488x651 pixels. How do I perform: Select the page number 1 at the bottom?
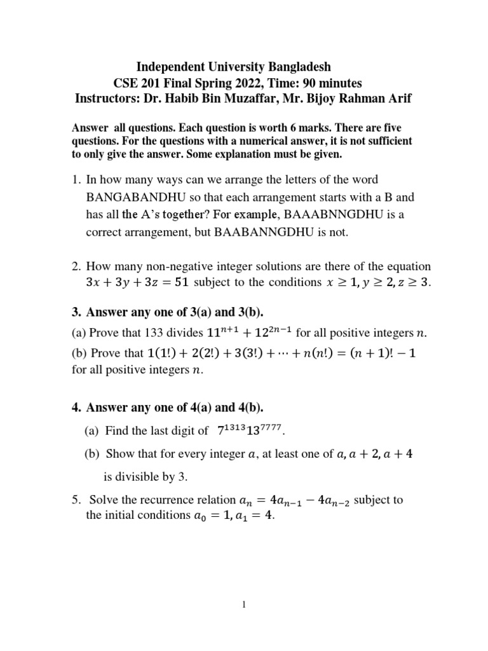coord(243,605)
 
